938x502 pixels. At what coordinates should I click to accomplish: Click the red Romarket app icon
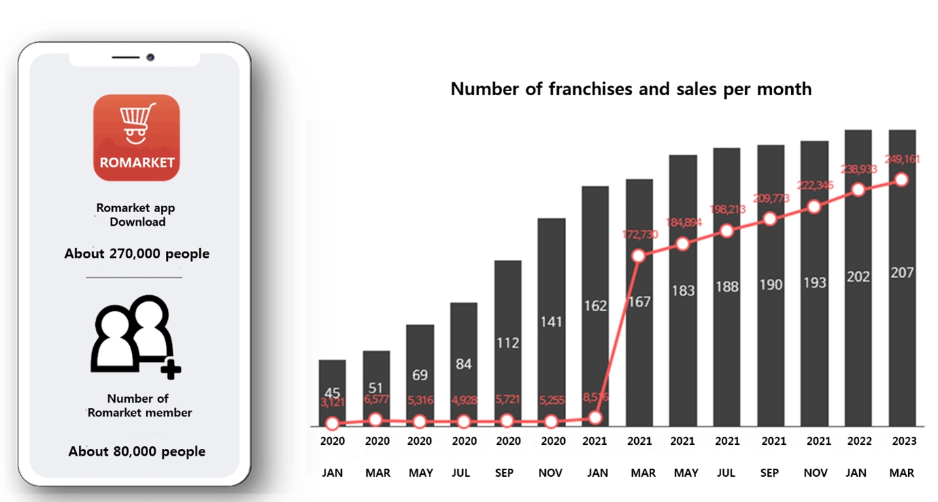coord(137,137)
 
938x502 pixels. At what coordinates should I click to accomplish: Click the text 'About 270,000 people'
coord(137,254)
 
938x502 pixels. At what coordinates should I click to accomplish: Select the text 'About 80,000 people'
coord(137,451)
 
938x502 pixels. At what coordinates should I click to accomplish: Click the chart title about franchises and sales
coord(631,88)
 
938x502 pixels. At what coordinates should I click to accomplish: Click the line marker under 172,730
coord(638,256)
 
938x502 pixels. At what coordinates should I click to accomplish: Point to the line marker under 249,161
coord(902,180)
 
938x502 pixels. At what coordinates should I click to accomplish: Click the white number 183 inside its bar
coord(682,290)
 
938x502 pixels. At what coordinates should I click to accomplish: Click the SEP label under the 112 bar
coord(504,473)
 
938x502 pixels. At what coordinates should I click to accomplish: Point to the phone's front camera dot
coord(150,57)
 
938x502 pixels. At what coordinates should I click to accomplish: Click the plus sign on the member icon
coord(171,369)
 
